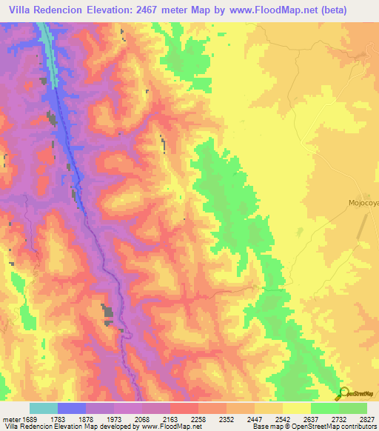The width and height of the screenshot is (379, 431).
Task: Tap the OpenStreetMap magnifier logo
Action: [343, 392]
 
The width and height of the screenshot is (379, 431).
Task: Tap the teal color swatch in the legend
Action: [44, 409]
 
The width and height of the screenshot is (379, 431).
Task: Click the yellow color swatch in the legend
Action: [296, 409]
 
